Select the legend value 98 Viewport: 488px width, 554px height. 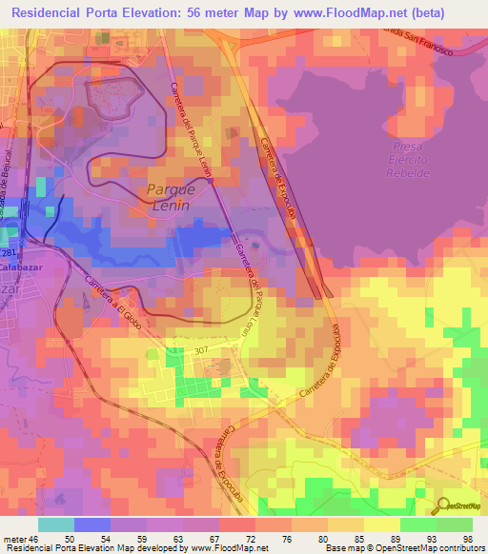coord(468,538)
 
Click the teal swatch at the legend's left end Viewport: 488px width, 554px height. coord(56,524)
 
